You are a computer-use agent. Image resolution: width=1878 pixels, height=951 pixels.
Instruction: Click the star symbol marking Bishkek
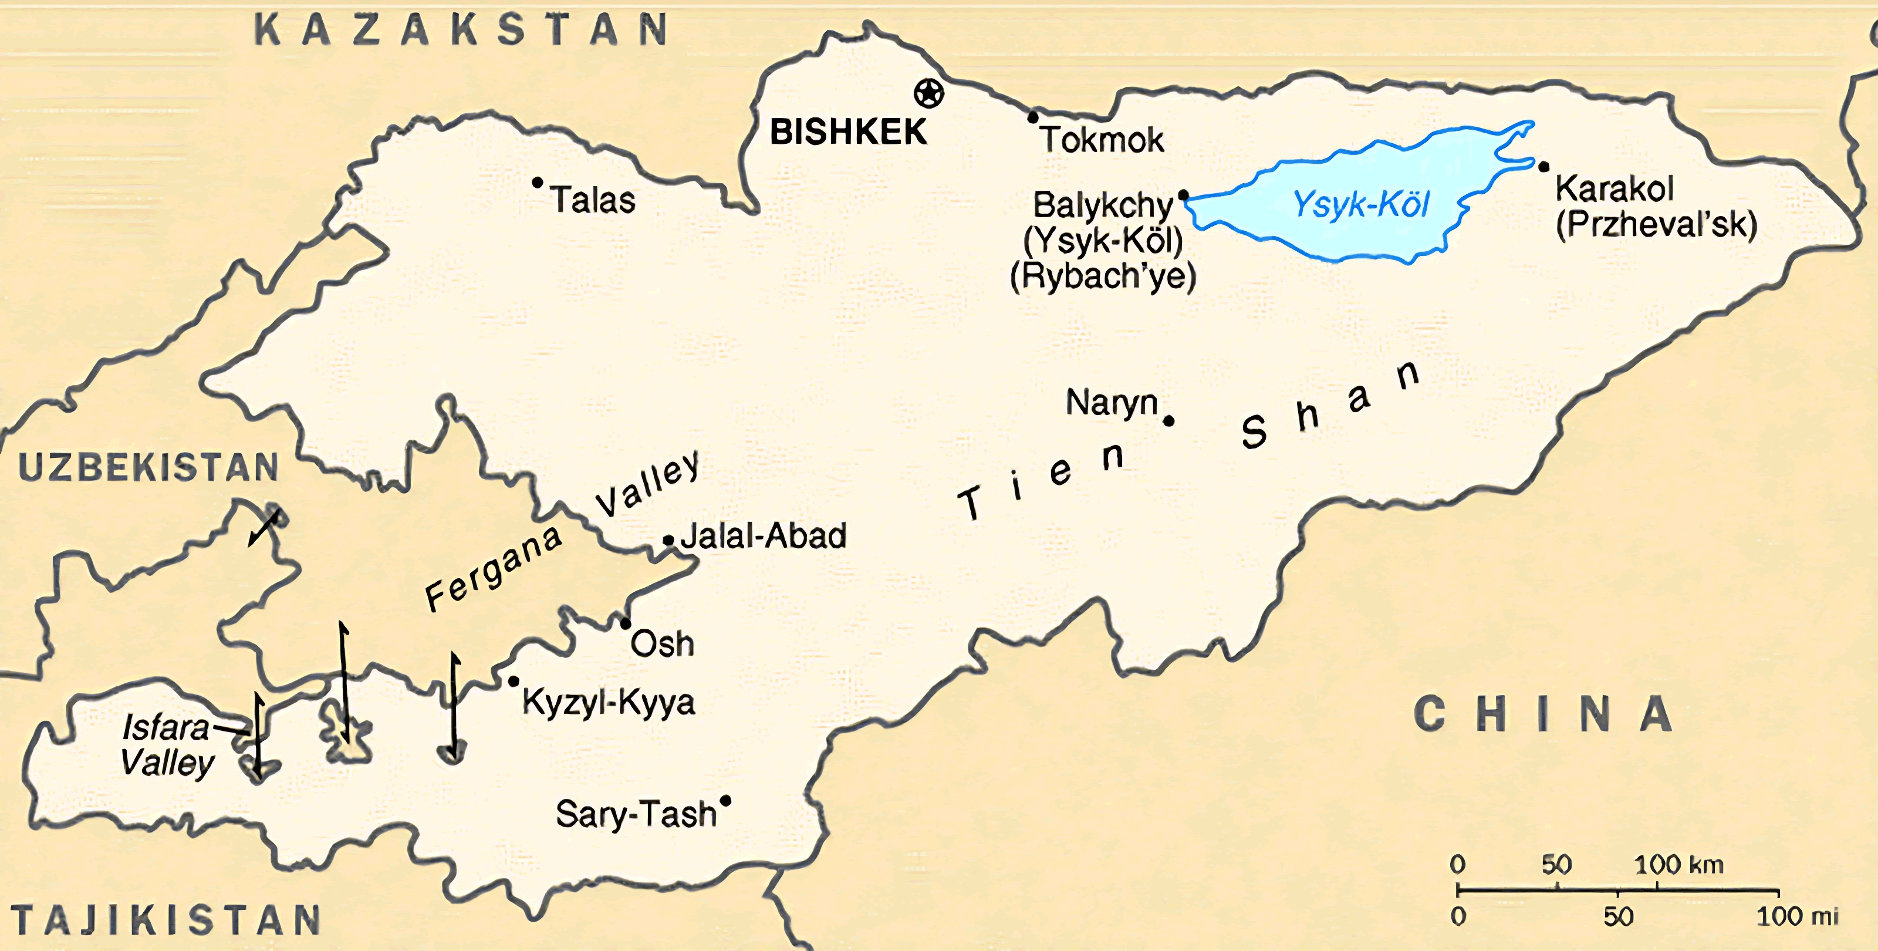[929, 93]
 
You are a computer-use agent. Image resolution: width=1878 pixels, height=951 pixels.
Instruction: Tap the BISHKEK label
[848, 133]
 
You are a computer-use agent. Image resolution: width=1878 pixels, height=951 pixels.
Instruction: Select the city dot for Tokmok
[1033, 117]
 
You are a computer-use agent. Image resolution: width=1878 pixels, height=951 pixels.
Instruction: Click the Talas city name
[593, 200]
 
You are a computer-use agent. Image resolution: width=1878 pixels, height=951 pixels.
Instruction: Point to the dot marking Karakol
[1543, 167]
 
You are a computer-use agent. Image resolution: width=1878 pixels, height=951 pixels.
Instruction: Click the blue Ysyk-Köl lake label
[1360, 204]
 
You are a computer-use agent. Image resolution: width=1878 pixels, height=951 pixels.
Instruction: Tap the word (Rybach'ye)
[1103, 276]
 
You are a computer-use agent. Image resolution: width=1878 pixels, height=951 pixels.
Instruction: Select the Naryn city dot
[1168, 421]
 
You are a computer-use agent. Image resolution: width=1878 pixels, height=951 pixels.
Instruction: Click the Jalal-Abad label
[764, 536]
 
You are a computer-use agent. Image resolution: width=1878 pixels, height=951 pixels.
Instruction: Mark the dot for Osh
[626, 624]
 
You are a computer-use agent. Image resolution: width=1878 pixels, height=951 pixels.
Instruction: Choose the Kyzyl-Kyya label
[609, 702]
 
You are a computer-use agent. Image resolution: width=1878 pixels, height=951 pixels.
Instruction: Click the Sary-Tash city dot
[725, 801]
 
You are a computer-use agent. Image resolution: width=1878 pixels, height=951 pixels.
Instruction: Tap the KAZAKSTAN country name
[461, 31]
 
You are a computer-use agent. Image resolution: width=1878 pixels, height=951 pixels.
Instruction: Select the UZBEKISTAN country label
[148, 467]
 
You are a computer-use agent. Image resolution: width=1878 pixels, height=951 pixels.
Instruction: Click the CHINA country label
[1543, 714]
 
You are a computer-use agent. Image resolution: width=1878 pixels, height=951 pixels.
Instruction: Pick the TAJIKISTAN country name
[166, 920]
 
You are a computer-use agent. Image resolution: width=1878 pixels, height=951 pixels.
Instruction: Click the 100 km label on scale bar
[1678, 865]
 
